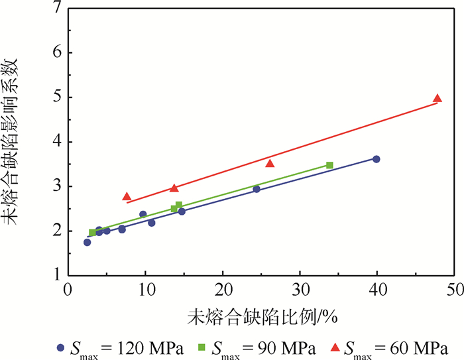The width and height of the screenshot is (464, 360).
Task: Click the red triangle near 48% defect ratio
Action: point(437,98)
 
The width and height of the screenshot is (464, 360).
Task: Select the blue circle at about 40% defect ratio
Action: point(377,159)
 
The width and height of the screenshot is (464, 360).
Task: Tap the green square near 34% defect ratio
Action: point(329,165)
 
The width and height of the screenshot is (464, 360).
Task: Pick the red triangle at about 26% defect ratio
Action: point(270,163)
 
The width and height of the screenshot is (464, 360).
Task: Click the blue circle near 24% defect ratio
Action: point(257,189)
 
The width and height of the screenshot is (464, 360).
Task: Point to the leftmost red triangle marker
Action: point(127,197)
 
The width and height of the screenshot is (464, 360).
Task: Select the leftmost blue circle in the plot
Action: point(87,243)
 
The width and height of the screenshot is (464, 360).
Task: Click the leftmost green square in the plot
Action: point(93,233)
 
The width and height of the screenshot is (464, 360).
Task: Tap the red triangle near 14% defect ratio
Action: point(174,188)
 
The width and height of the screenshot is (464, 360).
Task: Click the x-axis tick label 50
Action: point(454,290)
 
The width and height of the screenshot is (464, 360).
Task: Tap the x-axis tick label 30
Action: point(300,290)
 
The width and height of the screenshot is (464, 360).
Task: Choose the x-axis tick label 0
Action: point(68,290)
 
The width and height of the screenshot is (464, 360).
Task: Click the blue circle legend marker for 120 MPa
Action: point(62,347)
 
